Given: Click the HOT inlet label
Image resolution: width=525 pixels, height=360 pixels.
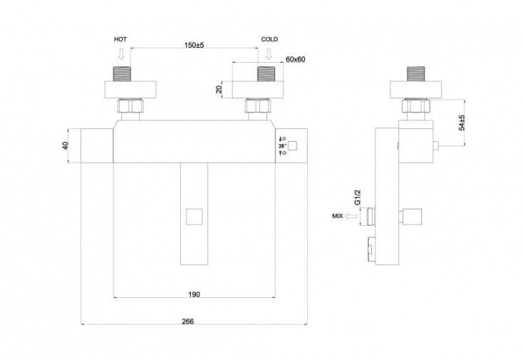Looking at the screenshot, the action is pyautogui.click(x=120, y=39).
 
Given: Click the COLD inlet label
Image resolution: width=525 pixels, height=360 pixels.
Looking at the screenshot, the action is pyautogui.click(x=269, y=39).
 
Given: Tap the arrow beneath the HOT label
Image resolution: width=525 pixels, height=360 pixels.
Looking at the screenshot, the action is pyautogui.click(x=121, y=53).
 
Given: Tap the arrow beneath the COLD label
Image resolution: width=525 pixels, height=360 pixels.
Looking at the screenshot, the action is pyautogui.click(x=269, y=53).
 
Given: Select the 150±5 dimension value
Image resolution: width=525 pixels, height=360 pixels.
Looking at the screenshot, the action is pyautogui.click(x=194, y=45).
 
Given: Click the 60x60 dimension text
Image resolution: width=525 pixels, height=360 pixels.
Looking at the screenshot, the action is pyautogui.click(x=296, y=59).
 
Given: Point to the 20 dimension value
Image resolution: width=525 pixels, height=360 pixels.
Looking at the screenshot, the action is pyautogui.click(x=219, y=90).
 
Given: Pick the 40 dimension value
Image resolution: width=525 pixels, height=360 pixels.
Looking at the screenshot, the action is pyautogui.click(x=66, y=146).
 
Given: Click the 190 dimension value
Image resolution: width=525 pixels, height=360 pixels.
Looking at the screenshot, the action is pyautogui.click(x=194, y=294).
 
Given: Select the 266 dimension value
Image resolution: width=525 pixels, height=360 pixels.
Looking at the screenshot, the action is pyautogui.click(x=188, y=322).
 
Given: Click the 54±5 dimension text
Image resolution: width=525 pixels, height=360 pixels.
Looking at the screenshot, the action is pyautogui.click(x=462, y=123).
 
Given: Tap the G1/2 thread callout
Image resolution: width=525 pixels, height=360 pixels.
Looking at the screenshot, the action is pyautogui.click(x=358, y=197).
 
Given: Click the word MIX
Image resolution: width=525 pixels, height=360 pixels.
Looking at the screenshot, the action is pyautogui.click(x=338, y=216).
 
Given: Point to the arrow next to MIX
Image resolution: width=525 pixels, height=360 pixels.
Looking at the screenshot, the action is pyautogui.click(x=352, y=217).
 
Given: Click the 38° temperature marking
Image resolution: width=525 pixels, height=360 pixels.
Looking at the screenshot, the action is pyautogui.click(x=282, y=146).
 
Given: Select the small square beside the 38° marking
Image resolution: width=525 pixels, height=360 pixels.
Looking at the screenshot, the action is pyautogui.click(x=293, y=146).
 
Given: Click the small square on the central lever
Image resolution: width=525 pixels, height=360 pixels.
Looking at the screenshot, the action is pyautogui.click(x=194, y=217).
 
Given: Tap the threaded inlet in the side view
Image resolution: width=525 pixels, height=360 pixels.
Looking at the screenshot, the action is pyautogui.click(x=415, y=74).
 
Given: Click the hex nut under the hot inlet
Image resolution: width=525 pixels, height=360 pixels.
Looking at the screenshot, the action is pyautogui.click(x=130, y=106).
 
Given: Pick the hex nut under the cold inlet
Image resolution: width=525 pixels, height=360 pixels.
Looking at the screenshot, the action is pyautogui.click(x=258, y=106).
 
